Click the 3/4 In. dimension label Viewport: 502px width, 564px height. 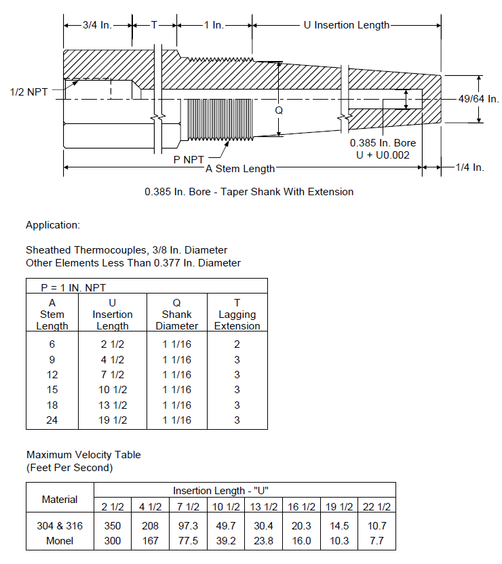coord(97,25)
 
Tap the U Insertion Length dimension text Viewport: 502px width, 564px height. coord(347,25)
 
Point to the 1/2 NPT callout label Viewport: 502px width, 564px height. coord(28,92)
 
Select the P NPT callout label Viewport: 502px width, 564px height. coord(189,160)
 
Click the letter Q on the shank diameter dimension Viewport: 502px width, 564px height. coord(279,110)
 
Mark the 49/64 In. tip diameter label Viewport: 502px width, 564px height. coord(479,99)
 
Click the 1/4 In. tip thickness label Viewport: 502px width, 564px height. coord(469,167)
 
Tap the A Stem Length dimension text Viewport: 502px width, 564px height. coord(240,169)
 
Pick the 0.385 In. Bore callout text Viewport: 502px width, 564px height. coord(383,143)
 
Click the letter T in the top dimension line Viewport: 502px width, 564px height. coord(154,25)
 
